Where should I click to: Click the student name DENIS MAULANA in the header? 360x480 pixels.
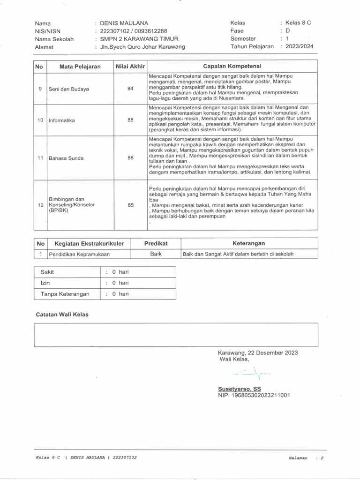[x=125, y=23]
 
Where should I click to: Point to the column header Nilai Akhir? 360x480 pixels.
[x=130, y=67]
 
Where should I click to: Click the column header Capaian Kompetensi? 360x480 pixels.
[x=232, y=66]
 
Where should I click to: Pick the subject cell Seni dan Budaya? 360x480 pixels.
[x=69, y=89]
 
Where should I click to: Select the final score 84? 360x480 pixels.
[x=130, y=89]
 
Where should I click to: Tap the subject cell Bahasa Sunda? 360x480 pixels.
[x=66, y=158]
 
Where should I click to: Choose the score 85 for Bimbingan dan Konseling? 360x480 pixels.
[x=130, y=205]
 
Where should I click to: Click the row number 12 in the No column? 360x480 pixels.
[x=40, y=205]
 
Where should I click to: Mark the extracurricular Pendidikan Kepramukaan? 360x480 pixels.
[x=78, y=254]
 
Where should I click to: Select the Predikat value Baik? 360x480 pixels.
[x=156, y=254]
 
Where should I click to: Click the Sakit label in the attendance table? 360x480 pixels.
[x=48, y=272]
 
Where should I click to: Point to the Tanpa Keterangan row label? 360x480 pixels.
[x=64, y=294]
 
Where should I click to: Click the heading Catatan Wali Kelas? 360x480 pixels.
[x=62, y=315]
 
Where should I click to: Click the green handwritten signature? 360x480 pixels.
[x=254, y=373]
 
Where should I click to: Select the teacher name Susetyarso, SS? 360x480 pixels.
[x=240, y=389]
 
